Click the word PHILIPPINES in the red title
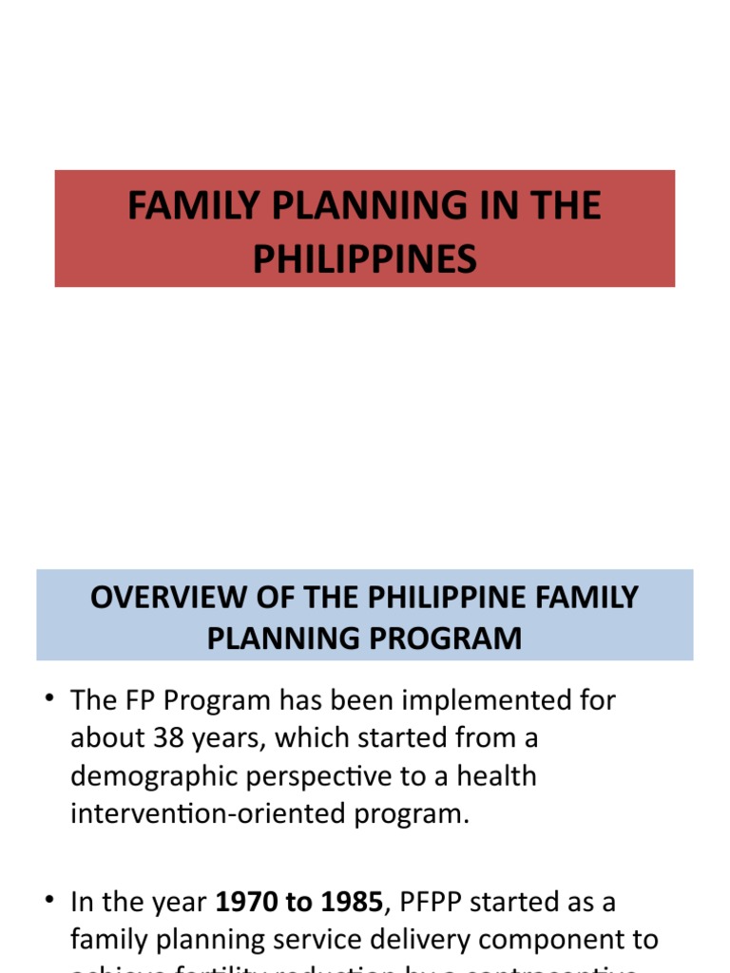click(x=365, y=258)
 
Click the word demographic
click(x=156, y=776)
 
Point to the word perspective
click(x=322, y=776)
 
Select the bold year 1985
click(x=349, y=901)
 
